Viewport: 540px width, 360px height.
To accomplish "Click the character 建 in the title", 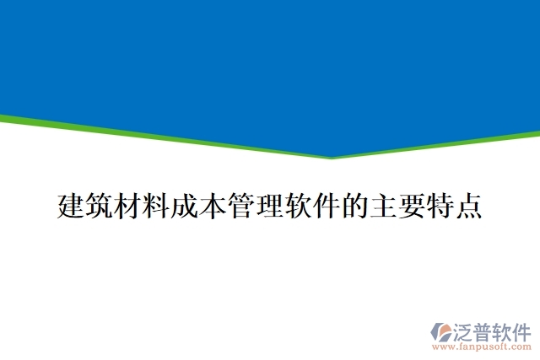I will coord(71,205).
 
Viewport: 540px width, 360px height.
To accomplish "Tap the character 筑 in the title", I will coord(100,205).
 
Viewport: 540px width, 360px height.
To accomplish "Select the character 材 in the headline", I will coord(128,205).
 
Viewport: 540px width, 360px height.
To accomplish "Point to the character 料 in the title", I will coord(156,205).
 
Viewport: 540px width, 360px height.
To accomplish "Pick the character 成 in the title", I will coord(185,205).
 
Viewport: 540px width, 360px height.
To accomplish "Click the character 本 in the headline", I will coord(213,205).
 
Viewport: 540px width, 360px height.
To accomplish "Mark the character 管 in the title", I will coord(241,205).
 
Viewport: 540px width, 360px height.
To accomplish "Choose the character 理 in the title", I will coord(270,205).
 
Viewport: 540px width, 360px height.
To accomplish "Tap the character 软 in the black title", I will coord(298,205).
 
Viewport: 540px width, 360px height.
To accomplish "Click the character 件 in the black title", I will coord(327,205).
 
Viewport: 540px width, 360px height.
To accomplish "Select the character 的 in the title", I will coord(355,205).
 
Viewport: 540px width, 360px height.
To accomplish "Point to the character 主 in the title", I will coord(383,205).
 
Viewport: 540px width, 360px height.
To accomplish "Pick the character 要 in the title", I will coord(412,205).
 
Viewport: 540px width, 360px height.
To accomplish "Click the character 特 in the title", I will coord(440,205).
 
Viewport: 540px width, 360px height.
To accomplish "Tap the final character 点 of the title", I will coord(468,205).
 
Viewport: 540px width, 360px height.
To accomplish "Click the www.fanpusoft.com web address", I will coord(482,346).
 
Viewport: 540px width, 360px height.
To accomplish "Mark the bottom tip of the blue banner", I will coord(332,157).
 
